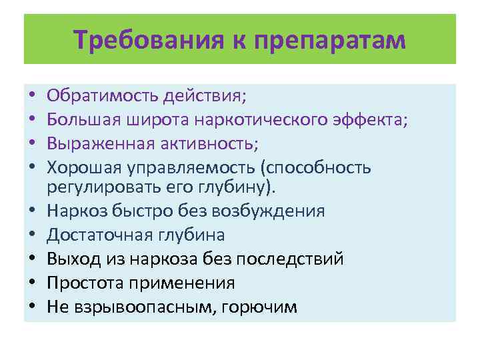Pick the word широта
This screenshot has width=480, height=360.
(152, 120)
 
